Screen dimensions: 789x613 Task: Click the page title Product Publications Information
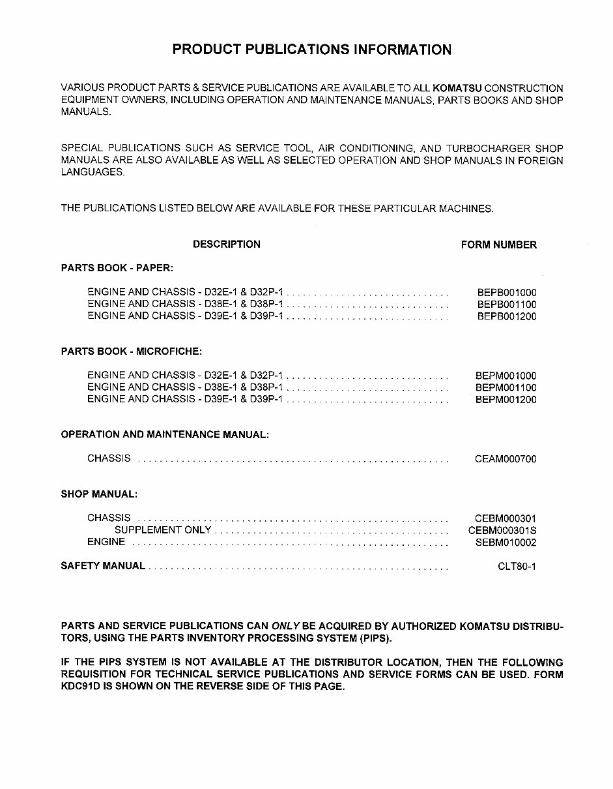[311, 50]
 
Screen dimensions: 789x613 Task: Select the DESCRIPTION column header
[226, 245]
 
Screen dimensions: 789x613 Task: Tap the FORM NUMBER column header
[498, 245]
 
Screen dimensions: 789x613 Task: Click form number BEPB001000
[506, 293]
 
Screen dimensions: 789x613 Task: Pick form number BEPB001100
[506, 305]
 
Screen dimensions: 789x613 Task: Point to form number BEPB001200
[506, 316]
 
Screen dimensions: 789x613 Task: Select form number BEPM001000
[506, 376]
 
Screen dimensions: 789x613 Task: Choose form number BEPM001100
[506, 387]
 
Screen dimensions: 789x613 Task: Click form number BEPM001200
[506, 399]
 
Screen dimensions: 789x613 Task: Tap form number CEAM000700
[506, 459]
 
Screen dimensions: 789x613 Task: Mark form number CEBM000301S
[502, 530]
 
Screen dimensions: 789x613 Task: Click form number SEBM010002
[506, 543]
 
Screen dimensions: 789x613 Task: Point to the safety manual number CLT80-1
[517, 566]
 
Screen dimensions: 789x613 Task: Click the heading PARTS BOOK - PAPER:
[117, 268]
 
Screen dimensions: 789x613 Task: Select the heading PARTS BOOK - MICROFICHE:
[132, 351]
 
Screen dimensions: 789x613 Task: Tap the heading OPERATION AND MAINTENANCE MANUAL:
[165, 434]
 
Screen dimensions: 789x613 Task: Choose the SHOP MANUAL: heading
[99, 494]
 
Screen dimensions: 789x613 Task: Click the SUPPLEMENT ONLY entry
[163, 530]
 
